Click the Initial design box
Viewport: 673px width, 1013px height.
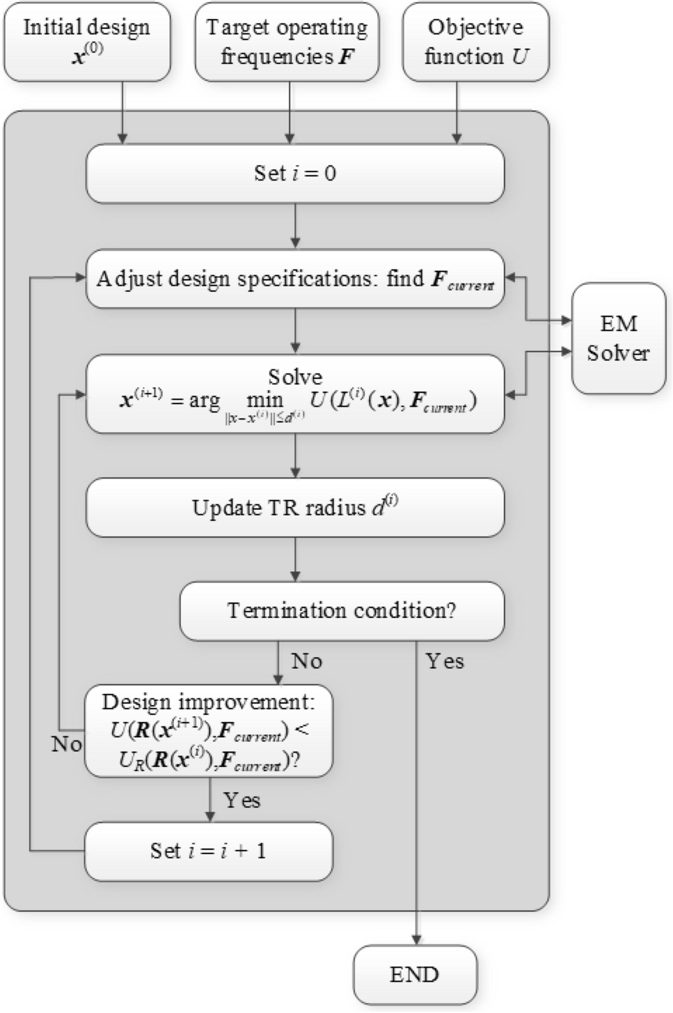pos(87,42)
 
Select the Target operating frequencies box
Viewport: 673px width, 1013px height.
pos(287,42)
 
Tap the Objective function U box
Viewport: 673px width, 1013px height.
pos(475,42)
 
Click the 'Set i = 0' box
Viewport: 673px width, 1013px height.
pos(295,173)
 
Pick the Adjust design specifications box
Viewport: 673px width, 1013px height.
pos(295,279)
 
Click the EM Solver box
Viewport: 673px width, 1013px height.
pos(618,339)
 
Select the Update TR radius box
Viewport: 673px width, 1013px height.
pos(295,507)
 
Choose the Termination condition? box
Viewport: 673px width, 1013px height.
pos(342,611)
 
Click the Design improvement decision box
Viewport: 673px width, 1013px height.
pos(209,731)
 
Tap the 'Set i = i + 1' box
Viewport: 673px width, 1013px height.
pos(209,851)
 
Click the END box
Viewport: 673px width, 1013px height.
pos(415,974)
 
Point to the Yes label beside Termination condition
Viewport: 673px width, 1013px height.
pos(445,660)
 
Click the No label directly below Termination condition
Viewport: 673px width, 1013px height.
pos(306,660)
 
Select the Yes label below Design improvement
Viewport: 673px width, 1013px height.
pos(242,800)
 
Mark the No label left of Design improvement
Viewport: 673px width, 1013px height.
pos(67,744)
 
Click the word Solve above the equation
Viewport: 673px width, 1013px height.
pos(295,377)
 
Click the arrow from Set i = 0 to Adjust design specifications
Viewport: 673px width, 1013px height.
pos(296,226)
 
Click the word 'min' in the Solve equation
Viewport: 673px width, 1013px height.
pos(264,401)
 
